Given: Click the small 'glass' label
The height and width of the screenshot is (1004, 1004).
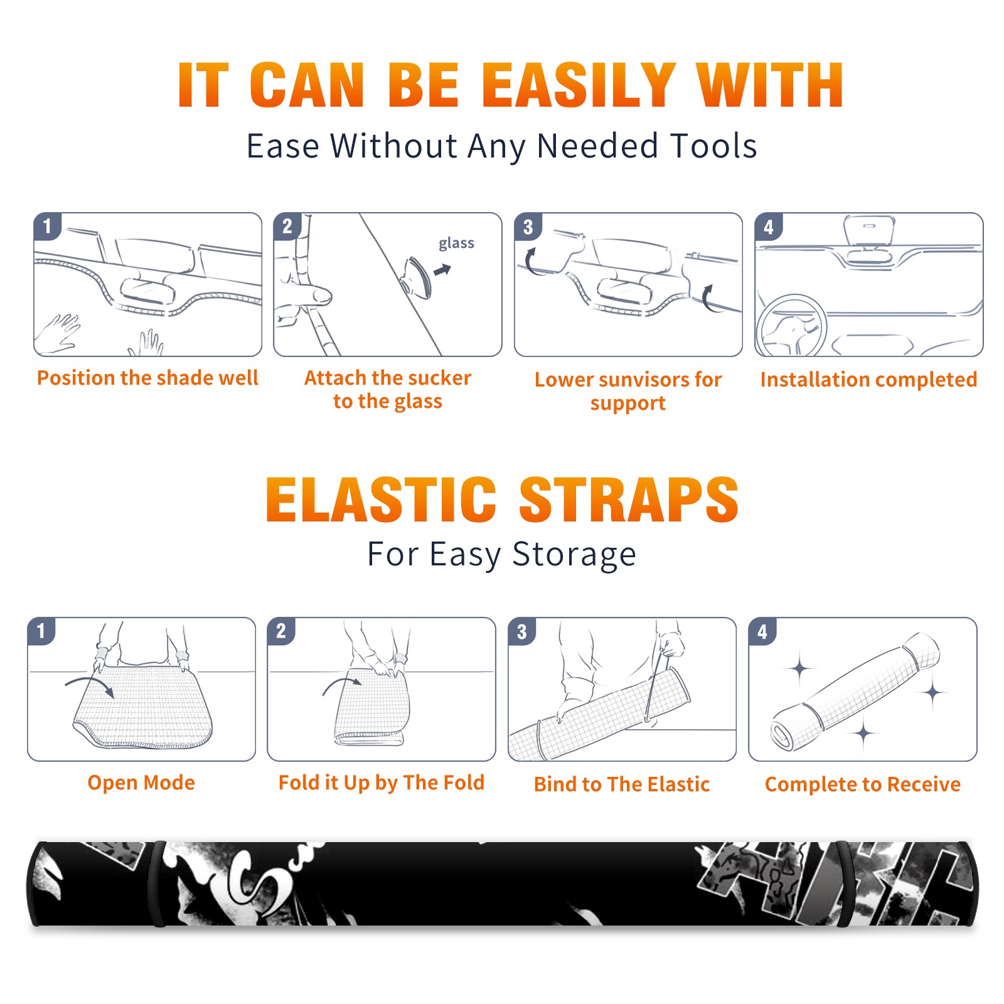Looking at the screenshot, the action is [x=456, y=243].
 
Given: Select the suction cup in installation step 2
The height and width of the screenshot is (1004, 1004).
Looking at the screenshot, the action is [x=417, y=277].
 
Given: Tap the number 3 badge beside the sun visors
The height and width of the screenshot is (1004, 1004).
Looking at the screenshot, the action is [x=528, y=227].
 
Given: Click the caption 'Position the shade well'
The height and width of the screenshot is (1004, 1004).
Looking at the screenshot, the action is [x=147, y=378].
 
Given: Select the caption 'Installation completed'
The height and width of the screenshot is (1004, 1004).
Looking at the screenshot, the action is [x=868, y=380].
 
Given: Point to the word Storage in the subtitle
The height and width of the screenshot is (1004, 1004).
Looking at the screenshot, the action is [x=574, y=555].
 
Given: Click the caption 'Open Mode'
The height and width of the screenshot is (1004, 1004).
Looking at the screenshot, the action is [x=141, y=782].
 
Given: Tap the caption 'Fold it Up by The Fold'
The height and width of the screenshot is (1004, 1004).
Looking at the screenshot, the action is [x=382, y=782].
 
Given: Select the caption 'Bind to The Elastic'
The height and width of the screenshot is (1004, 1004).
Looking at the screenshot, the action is [x=622, y=784].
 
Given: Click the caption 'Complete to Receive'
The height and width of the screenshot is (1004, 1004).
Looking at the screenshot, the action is [x=863, y=784].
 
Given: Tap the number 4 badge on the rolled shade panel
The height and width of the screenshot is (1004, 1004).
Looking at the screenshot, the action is [x=762, y=631].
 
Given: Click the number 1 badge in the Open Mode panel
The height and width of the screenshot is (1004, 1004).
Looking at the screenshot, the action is [x=41, y=631].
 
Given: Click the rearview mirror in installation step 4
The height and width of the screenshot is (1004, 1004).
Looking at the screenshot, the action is [x=868, y=228].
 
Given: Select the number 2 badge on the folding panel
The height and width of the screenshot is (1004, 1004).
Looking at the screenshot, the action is [x=281, y=631].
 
